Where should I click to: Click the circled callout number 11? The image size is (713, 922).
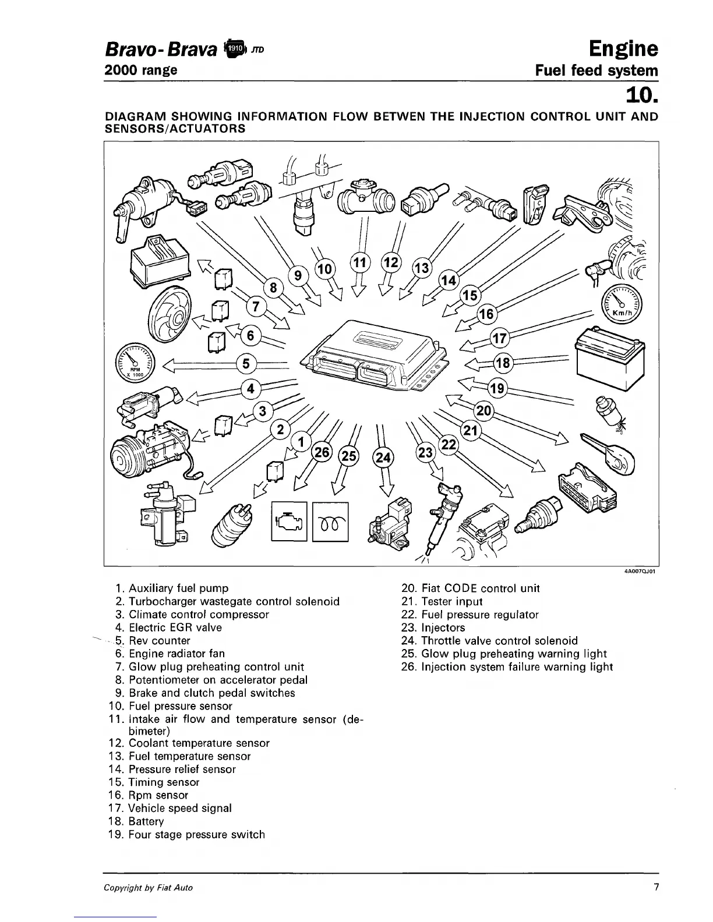(x=360, y=263)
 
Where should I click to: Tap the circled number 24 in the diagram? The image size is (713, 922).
(x=383, y=458)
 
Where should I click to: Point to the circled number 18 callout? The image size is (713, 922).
(x=503, y=364)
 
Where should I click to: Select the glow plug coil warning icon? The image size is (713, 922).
(x=330, y=522)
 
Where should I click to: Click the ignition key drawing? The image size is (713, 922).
(x=609, y=452)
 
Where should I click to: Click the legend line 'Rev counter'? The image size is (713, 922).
(x=159, y=641)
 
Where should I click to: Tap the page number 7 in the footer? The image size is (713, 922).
(x=655, y=888)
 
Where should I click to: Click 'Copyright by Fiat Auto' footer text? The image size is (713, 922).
(x=148, y=888)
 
